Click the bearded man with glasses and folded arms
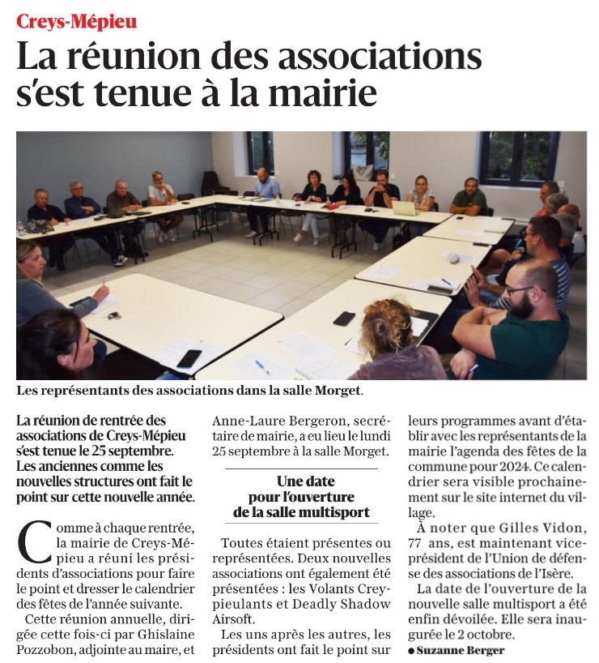pos(518,320)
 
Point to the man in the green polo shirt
pos(469,199)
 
